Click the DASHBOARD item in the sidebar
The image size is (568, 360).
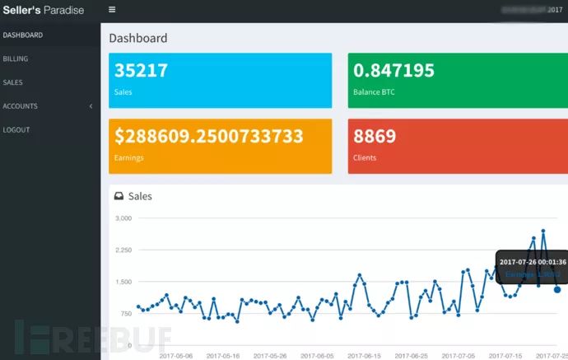click(23, 35)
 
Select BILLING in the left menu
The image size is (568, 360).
click(16, 59)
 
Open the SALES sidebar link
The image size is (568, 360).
click(13, 82)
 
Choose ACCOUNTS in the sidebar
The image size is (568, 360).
click(21, 106)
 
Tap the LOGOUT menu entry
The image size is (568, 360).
click(16, 130)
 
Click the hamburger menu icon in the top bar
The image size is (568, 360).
click(112, 10)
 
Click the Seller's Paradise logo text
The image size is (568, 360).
click(43, 10)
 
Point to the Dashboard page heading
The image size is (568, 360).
click(138, 38)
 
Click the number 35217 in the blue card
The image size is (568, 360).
click(142, 71)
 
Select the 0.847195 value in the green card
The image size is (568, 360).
click(393, 71)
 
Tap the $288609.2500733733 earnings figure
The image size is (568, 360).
click(209, 136)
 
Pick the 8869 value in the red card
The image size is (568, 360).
click(375, 136)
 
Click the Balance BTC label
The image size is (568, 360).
click(374, 92)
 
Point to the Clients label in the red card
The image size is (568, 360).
click(365, 157)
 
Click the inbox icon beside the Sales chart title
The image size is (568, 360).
click(119, 196)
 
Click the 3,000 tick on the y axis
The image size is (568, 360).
click(123, 218)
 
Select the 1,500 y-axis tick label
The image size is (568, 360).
click(123, 282)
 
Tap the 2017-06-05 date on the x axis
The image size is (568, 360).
click(318, 356)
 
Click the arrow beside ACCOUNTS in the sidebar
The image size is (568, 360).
click(91, 106)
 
